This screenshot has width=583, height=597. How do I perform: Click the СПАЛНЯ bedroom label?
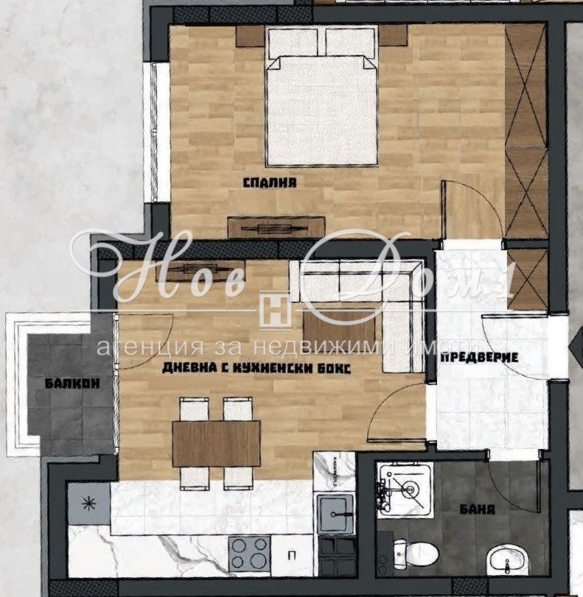tap(270, 183)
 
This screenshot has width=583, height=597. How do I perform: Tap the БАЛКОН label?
tap(72, 383)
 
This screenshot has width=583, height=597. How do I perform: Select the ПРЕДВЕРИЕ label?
tap(479, 358)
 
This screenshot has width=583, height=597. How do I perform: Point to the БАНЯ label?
tap(477, 509)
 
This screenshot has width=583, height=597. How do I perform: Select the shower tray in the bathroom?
tap(405, 490)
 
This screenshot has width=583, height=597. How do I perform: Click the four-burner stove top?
tap(249, 554)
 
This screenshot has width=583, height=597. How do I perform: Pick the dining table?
tap(216, 444)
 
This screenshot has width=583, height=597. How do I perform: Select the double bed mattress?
tap(322, 110)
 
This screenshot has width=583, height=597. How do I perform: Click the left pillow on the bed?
tap(293, 43)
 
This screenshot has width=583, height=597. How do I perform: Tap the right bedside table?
tap(393, 36)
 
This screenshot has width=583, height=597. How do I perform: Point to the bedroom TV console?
tap(276, 227)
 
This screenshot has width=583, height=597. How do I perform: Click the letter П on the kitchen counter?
tap(292, 556)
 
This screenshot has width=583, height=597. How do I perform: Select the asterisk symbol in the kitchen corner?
tap(89, 504)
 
